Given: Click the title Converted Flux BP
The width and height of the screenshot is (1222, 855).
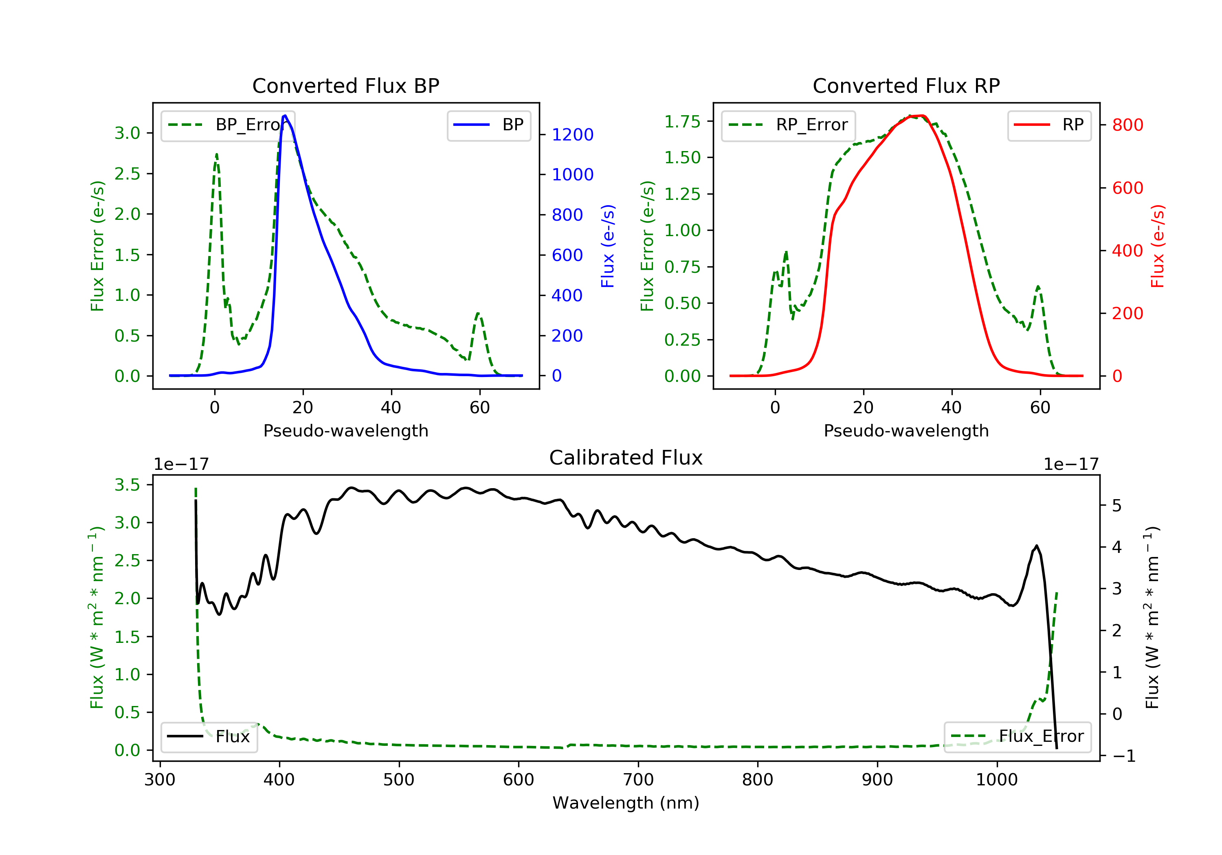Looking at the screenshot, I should [x=345, y=85].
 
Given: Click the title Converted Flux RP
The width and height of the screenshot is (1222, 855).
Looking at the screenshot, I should [x=906, y=85].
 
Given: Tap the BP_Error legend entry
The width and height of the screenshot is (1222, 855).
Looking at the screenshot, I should [x=228, y=125].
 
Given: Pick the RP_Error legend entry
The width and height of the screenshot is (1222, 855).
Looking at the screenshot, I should [x=788, y=125].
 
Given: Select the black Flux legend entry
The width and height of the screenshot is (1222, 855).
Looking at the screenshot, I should [x=209, y=737].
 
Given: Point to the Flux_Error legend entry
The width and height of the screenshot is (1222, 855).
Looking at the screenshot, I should [x=1017, y=737].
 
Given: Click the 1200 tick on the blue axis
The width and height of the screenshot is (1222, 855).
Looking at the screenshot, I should [x=572, y=135].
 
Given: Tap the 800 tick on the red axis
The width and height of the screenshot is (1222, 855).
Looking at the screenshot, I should [x=1127, y=125].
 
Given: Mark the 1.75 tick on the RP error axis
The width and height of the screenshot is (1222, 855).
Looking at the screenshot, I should [x=682, y=122].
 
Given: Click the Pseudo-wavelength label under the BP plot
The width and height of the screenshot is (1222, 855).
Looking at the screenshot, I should [x=345, y=430].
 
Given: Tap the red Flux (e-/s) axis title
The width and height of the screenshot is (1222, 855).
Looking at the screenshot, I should [x=1158, y=246].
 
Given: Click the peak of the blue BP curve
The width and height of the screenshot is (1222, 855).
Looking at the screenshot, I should [x=285, y=116].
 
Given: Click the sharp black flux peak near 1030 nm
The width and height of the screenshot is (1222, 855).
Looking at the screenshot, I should [x=1036, y=546].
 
